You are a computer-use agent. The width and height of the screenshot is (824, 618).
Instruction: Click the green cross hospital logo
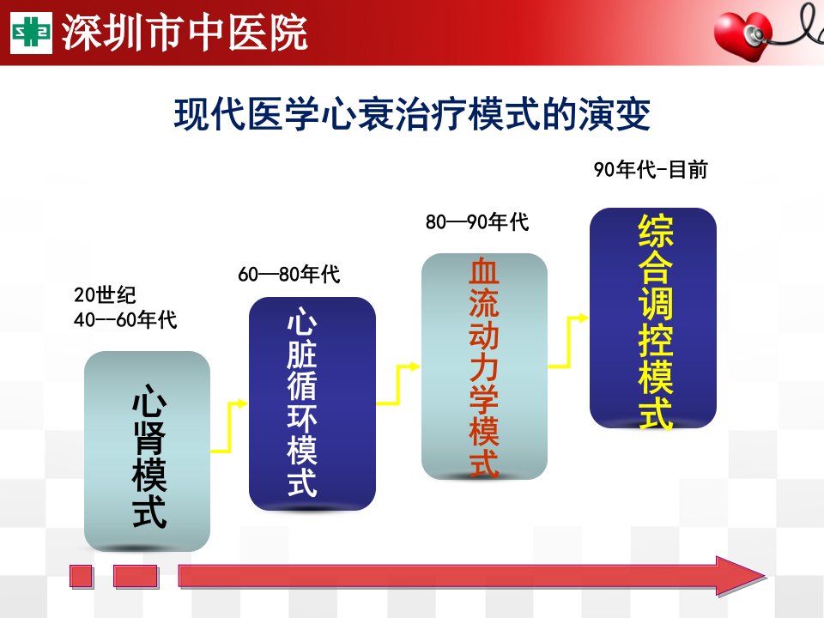32,33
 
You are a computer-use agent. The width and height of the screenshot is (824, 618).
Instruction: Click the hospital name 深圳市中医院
185,33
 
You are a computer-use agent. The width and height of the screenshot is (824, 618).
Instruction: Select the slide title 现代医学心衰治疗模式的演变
412,113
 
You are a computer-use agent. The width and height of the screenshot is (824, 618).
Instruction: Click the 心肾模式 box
147,451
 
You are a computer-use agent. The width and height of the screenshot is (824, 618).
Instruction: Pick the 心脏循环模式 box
312,403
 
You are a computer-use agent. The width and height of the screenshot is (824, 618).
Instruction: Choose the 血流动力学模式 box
484,367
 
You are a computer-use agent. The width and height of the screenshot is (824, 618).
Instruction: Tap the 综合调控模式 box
652,318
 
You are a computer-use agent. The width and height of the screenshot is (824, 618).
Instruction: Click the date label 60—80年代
289,274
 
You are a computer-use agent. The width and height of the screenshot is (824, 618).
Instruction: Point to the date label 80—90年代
477,221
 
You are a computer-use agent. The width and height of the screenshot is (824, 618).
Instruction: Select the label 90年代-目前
651,170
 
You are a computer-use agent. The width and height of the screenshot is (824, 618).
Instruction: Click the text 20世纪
105,294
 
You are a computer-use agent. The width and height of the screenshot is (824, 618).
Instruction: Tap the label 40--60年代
125,319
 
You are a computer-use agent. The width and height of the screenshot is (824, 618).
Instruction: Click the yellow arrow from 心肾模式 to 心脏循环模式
229,427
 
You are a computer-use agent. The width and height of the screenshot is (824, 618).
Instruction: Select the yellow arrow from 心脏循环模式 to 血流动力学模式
397,385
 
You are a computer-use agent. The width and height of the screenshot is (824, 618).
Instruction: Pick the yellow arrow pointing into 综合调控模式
567,342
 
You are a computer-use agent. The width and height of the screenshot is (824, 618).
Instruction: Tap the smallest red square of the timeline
82,577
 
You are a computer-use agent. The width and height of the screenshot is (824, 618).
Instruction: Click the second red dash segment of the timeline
136,577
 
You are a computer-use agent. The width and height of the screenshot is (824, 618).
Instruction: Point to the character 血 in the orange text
483,270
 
